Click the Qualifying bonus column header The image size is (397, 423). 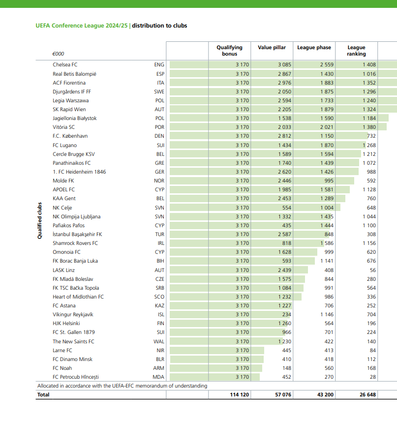pos(229,51)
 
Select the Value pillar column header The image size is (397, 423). pos(272,48)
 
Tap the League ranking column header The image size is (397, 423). pos(356,51)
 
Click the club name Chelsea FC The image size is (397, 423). pos(65,64)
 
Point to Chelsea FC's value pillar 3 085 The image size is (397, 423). pos(284,64)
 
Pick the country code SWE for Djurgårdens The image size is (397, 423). pos(159,91)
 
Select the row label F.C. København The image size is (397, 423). pos(70,136)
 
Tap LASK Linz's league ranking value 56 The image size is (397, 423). pos(372,270)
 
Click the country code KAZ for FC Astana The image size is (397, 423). pos(159,305)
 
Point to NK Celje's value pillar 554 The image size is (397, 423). pos(287,208)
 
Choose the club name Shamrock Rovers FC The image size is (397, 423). pos(75,243)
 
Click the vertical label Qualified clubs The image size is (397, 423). pos(39,221)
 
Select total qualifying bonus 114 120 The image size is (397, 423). pos(239,394)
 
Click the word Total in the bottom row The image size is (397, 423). pos(43,394)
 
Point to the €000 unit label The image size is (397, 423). pos(58,54)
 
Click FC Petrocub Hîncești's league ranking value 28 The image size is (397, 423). pos(372,377)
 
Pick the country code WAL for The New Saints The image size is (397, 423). pos(159,341)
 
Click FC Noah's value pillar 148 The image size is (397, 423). pos(287,368)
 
